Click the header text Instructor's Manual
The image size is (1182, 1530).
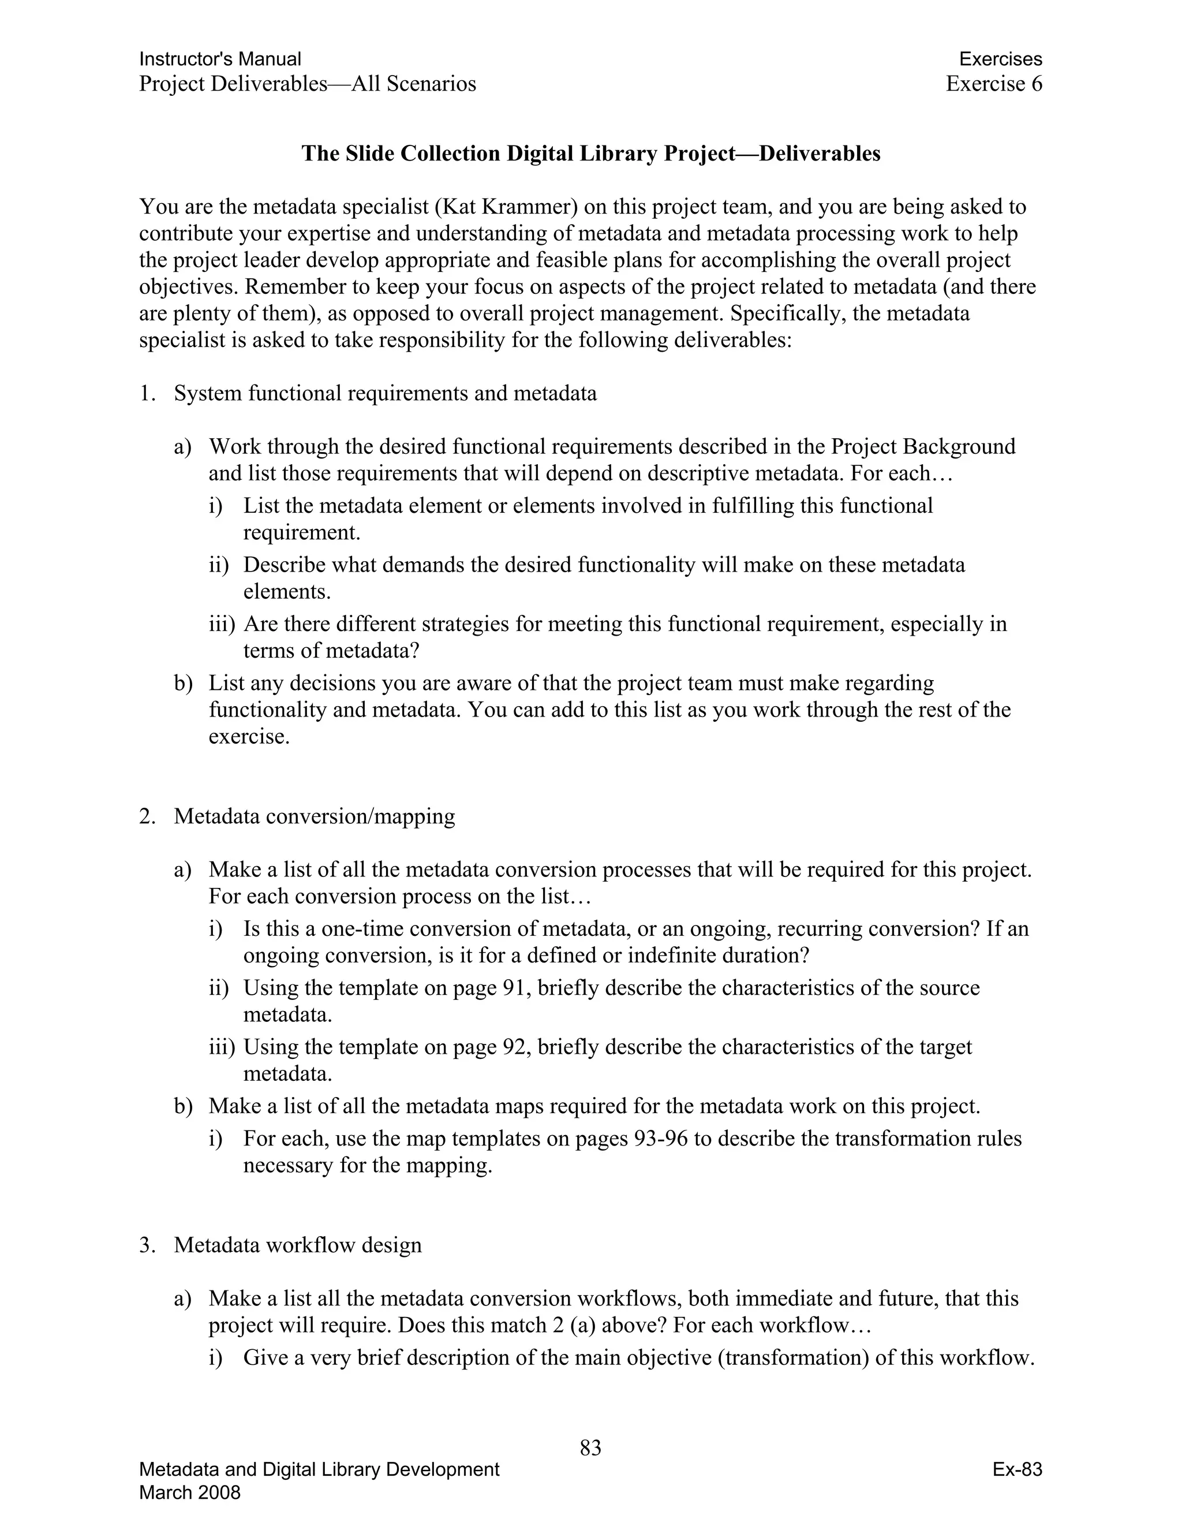click(220, 59)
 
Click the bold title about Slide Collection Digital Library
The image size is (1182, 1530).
click(590, 154)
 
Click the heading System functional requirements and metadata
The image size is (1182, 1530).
click(385, 394)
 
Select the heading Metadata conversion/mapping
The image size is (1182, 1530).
click(315, 816)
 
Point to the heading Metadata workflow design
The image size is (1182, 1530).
click(298, 1245)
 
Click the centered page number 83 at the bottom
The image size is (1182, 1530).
click(590, 1447)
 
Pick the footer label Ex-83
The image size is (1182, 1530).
click(1017, 1470)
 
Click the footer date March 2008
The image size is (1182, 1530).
click(190, 1493)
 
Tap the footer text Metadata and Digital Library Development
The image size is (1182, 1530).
click(319, 1470)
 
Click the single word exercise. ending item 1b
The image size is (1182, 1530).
click(249, 737)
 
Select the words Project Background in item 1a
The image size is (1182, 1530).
click(923, 447)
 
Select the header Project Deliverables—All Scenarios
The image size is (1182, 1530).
click(308, 84)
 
